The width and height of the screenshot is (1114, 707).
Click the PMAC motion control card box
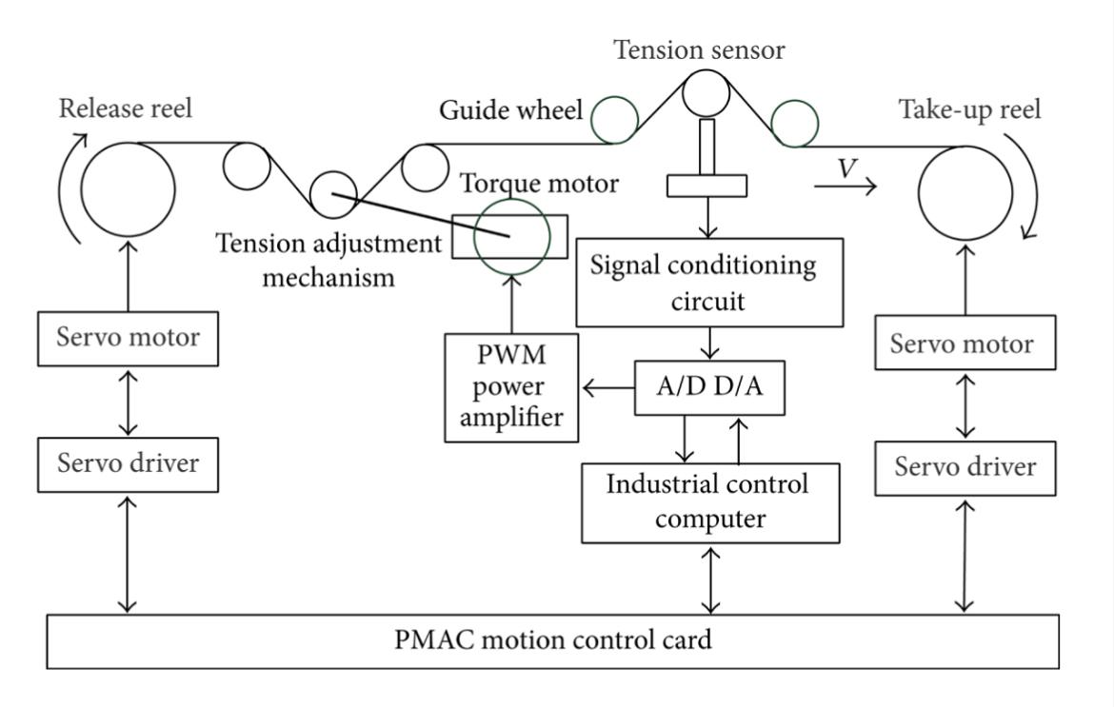tap(552, 640)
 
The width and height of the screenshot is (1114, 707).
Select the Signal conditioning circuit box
tap(709, 281)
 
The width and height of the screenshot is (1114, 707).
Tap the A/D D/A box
tap(710, 388)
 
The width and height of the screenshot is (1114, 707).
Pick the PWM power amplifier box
tap(512, 388)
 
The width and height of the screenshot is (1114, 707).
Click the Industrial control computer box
tap(710, 502)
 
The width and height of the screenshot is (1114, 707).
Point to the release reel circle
tap(129, 189)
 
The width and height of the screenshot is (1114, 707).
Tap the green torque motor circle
tap(511, 235)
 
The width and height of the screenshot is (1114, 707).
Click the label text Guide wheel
tap(510, 111)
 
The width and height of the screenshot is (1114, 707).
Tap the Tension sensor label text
tap(700, 50)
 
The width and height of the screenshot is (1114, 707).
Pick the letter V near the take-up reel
tap(844, 169)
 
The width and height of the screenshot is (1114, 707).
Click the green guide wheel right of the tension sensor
tap(793, 124)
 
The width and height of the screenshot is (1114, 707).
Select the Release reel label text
tap(126, 108)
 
